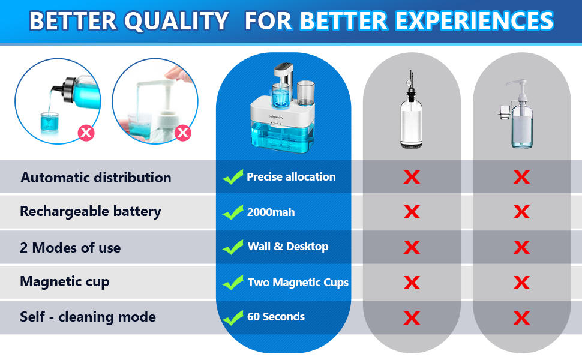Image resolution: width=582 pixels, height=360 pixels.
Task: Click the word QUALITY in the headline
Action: tap(177, 22)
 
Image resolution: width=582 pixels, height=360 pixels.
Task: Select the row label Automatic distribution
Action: tap(95, 178)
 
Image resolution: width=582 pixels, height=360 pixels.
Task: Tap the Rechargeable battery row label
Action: tap(91, 211)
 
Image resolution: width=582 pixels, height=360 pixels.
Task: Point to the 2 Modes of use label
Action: tap(70, 248)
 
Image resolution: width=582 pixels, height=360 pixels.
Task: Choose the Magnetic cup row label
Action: tap(65, 281)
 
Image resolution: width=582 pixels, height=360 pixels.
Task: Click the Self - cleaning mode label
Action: tap(88, 317)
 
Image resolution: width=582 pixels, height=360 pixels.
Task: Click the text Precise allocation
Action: tap(291, 177)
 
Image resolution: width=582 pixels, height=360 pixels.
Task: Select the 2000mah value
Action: tap(271, 212)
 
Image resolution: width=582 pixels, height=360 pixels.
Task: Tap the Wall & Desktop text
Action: tap(288, 247)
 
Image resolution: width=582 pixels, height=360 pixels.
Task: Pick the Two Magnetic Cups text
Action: tap(298, 282)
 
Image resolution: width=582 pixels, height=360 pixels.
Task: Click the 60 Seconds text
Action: tap(276, 316)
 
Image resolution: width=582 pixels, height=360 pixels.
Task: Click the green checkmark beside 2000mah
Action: tap(232, 212)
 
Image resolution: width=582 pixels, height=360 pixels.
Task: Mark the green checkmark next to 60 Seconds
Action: tap(232, 317)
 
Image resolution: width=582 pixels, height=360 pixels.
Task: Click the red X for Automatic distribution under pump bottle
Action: tap(521, 177)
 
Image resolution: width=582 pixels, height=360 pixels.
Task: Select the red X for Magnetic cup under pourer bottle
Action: tap(412, 282)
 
